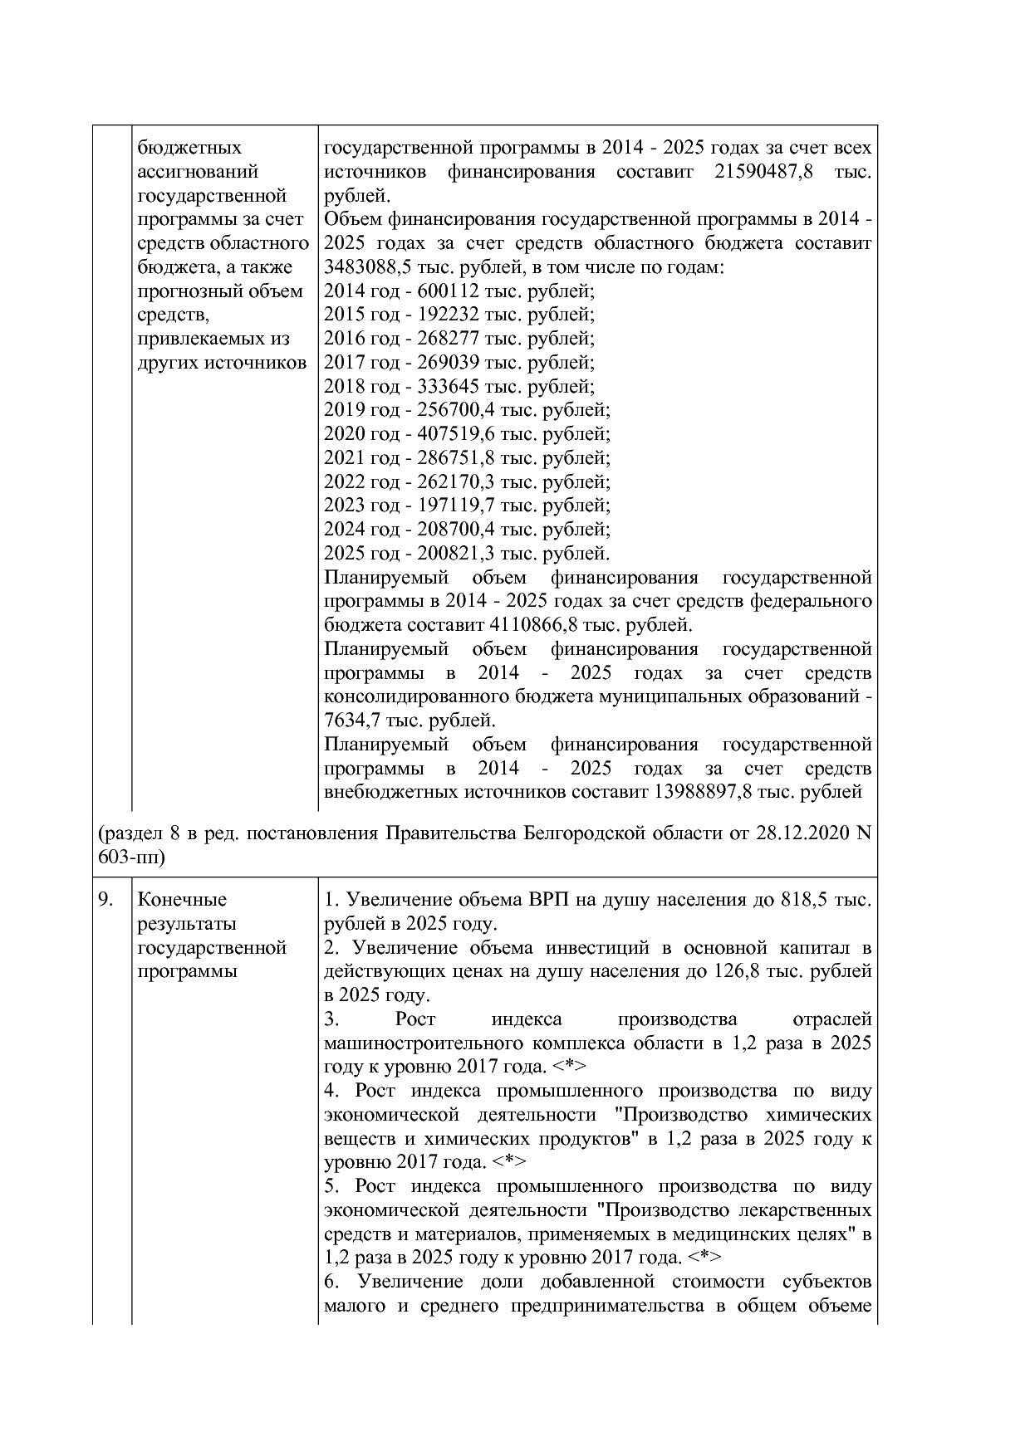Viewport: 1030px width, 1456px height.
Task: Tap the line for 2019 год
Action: pyautogui.click(x=466, y=410)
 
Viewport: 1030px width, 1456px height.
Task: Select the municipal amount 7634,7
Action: pyautogui.click(x=349, y=721)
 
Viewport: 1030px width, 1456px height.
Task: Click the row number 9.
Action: pyautogui.click(x=105, y=900)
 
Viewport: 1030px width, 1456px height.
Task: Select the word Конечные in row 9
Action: pyautogui.click(x=182, y=900)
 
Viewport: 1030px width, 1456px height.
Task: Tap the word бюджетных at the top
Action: pyautogui.click(x=189, y=148)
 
